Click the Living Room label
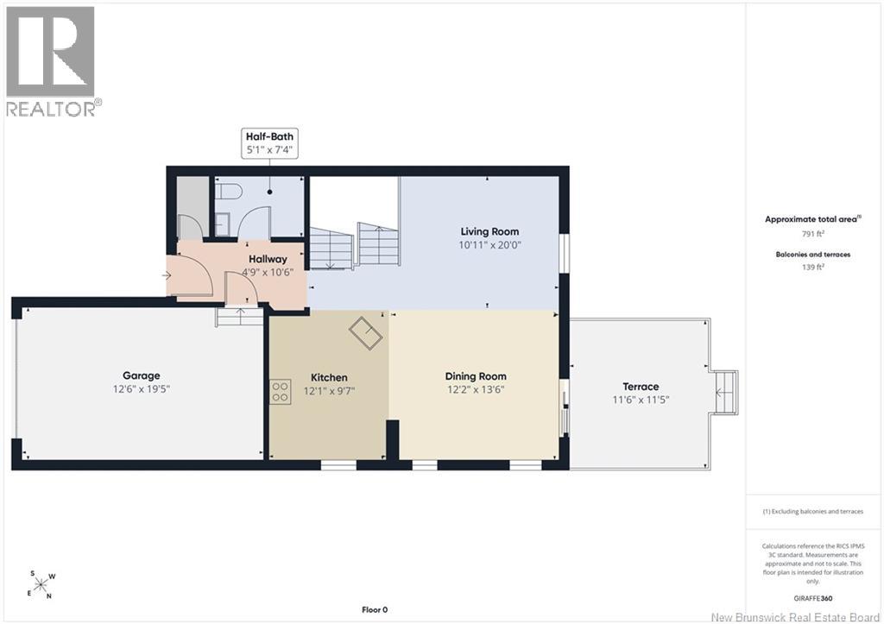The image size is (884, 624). (x=489, y=231)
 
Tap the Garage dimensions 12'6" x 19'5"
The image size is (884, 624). (x=141, y=389)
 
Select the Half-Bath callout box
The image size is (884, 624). (x=269, y=143)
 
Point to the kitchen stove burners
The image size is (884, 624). (x=281, y=391)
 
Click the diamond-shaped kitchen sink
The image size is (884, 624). (x=365, y=334)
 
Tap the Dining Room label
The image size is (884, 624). (x=476, y=376)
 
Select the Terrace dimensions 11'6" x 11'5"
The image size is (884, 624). (x=641, y=400)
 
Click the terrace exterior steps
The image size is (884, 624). (x=724, y=393)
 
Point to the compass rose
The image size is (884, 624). (x=41, y=584)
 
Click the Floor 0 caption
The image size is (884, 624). (x=375, y=609)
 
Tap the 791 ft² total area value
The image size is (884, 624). (x=813, y=233)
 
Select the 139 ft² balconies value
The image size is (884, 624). (x=813, y=268)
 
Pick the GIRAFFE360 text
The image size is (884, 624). (x=812, y=599)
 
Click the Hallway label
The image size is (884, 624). (x=268, y=259)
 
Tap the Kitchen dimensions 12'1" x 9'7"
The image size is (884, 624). (x=329, y=391)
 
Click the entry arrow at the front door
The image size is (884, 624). (x=167, y=275)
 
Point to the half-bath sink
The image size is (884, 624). (x=222, y=224)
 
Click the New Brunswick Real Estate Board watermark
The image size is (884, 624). (x=795, y=617)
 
